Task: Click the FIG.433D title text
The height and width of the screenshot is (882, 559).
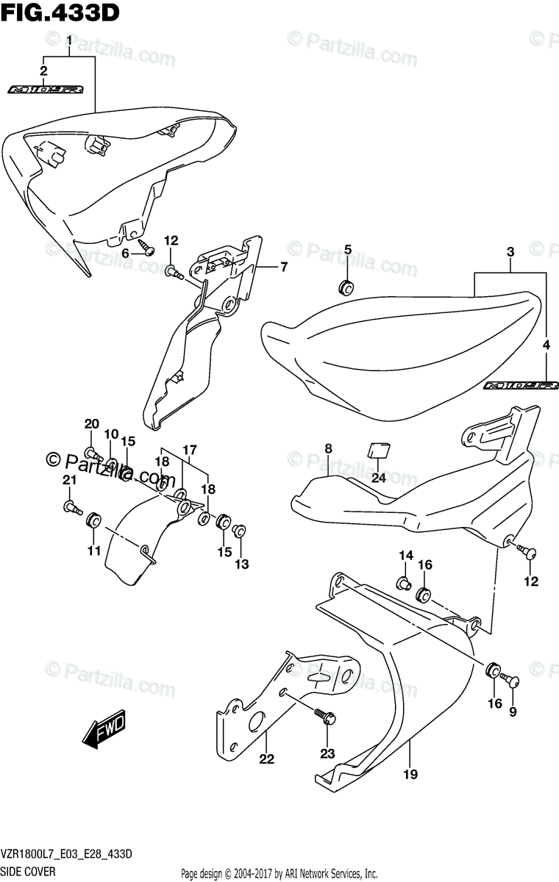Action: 60,12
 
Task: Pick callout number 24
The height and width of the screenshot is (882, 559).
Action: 379,477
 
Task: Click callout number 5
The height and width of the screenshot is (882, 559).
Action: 348,250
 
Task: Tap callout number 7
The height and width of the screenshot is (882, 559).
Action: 283,268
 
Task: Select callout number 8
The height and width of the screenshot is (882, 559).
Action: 328,448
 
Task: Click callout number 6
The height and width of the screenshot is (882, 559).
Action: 126,252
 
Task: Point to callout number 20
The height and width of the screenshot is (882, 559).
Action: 91,423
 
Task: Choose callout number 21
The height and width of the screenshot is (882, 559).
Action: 70,480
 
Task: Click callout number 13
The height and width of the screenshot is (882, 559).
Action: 241,564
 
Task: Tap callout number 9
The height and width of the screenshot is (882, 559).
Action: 513,711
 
